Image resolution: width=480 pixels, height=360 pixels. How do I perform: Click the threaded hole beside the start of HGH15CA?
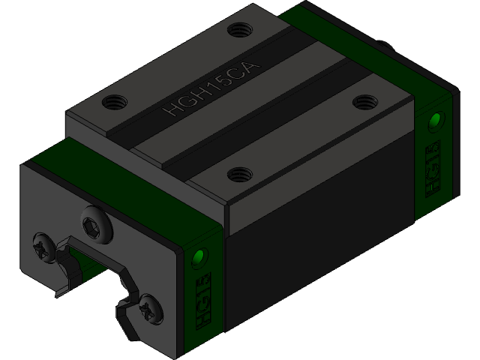coord(115,100)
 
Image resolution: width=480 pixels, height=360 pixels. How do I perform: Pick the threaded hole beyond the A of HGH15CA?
coord(239,31)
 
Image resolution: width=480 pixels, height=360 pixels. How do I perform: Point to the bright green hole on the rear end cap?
coord(433,121)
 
